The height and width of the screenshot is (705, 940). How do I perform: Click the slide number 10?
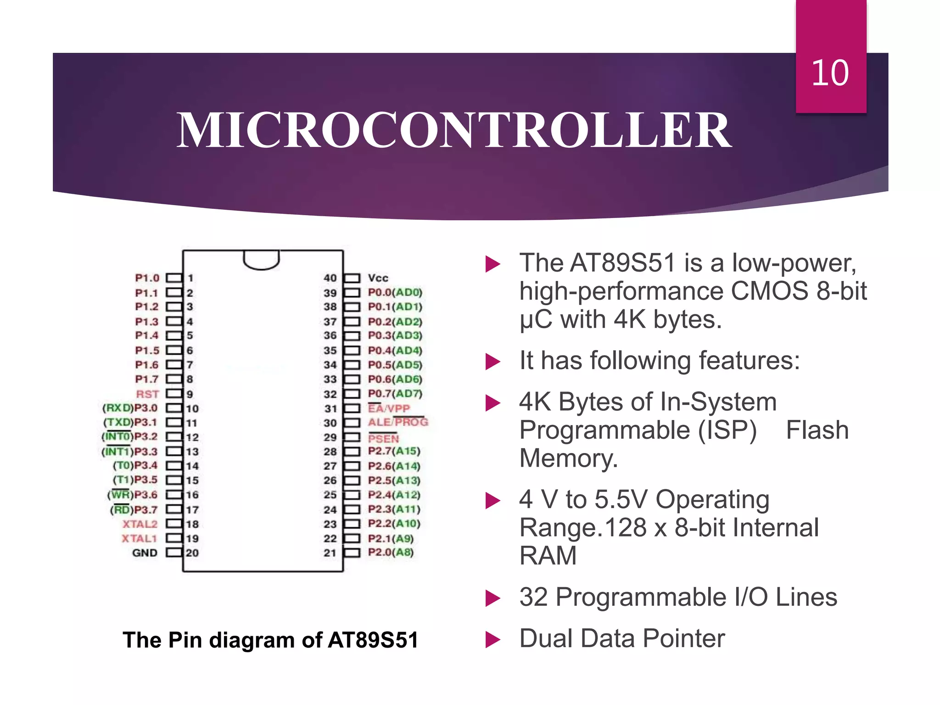point(830,73)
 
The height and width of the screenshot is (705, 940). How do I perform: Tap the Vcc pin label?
point(378,278)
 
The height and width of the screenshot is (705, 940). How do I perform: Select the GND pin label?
point(145,553)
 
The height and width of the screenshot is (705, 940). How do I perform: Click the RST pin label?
point(147,394)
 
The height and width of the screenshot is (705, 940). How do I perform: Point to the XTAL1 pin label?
point(139,538)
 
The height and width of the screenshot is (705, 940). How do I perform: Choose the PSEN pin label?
point(384,438)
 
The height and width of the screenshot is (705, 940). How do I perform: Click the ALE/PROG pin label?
point(397,422)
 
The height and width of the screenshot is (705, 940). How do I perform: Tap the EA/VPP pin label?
point(389,408)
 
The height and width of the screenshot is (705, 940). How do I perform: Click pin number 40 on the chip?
point(330,278)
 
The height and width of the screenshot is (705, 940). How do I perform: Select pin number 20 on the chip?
point(192,553)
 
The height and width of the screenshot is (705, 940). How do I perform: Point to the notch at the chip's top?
point(261,260)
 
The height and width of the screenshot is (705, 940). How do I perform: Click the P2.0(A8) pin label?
point(391,552)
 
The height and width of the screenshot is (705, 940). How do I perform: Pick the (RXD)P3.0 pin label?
point(130,408)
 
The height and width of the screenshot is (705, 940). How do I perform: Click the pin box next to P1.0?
point(173,278)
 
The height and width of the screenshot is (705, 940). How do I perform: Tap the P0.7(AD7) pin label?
point(395,394)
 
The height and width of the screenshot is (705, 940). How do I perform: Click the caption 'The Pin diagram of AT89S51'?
point(270,640)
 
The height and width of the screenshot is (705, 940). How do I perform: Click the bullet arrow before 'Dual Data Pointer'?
point(492,639)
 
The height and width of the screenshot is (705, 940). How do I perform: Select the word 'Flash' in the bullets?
point(817,430)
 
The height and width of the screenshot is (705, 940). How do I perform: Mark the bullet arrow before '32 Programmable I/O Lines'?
point(492,598)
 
